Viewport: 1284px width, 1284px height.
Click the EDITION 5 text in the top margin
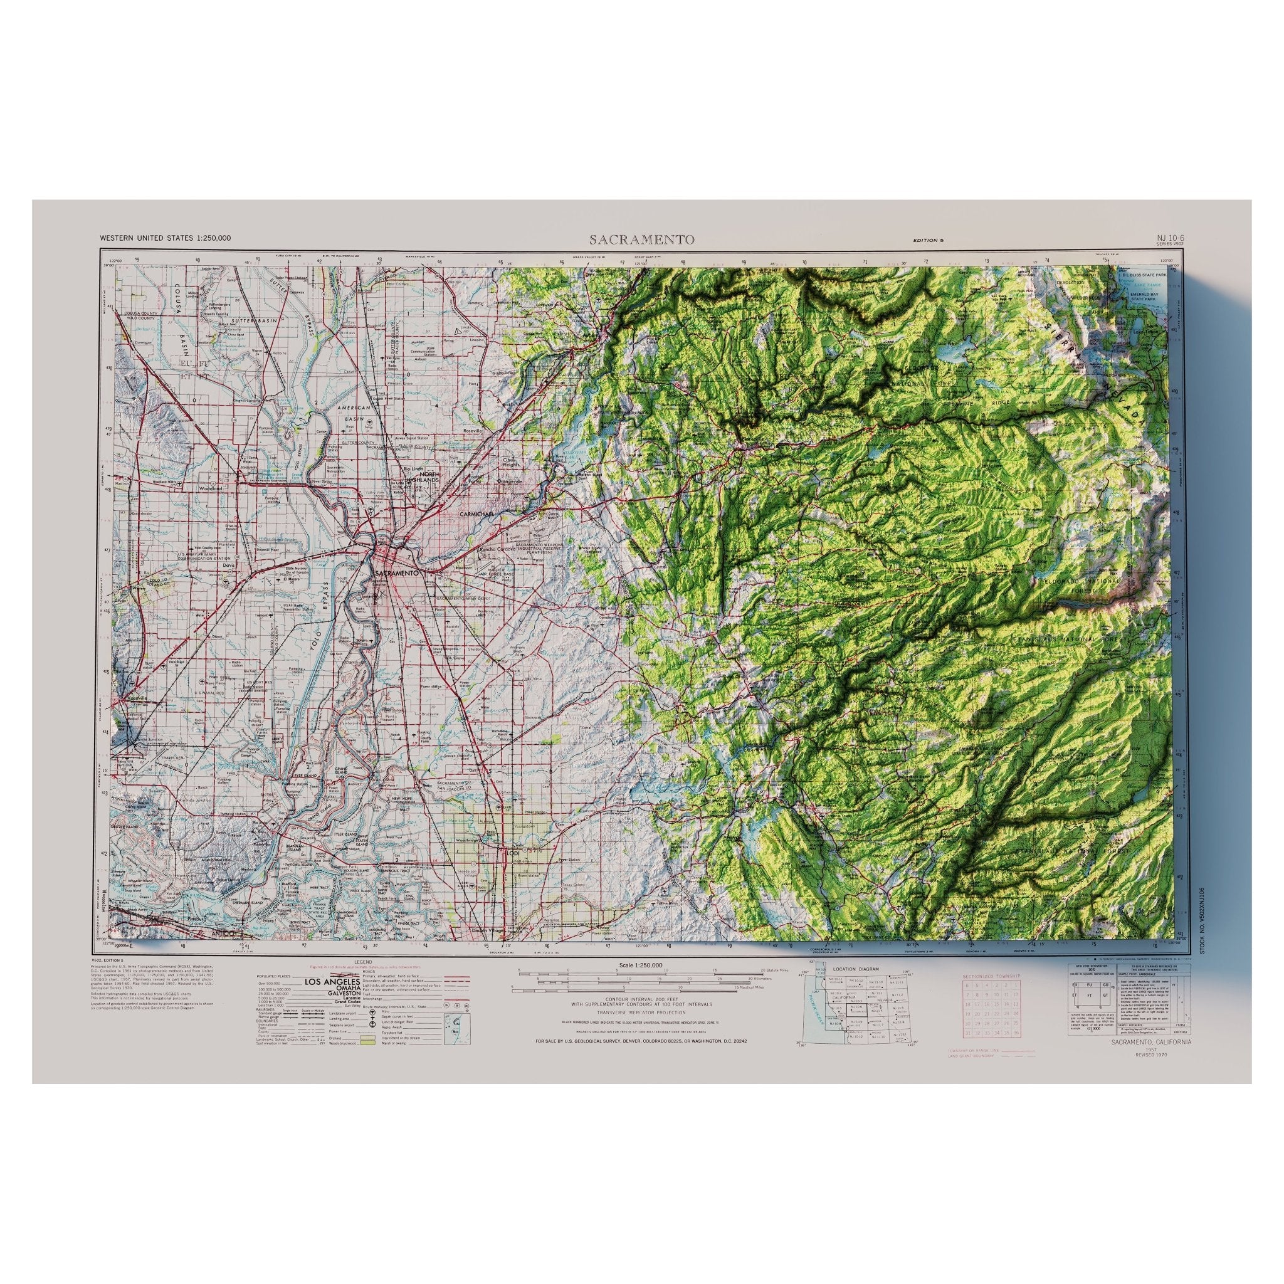point(929,240)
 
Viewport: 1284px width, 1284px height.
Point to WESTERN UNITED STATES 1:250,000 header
point(166,238)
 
